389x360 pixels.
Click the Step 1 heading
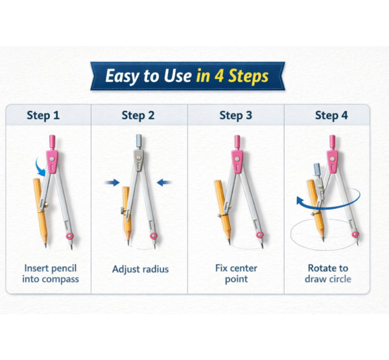pos(43,115)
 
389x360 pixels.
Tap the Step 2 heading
pos(138,115)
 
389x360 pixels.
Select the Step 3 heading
pos(236,115)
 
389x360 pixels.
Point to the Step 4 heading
pos(331,115)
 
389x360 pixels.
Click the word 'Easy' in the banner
pos(123,76)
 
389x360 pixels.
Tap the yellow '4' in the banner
pos(219,76)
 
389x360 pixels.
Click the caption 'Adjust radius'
pos(141,269)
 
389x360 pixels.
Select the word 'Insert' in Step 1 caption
pos(36,268)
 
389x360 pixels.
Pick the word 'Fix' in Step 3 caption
pos(221,268)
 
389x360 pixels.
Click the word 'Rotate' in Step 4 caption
pos(321,268)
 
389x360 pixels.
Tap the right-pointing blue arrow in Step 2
pos(112,182)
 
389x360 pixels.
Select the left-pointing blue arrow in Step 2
pos(164,183)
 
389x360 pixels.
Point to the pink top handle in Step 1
pos(52,142)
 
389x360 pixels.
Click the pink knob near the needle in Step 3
pos(260,235)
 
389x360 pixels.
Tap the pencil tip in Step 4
pos(323,239)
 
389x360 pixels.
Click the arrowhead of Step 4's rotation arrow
pos(300,201)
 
